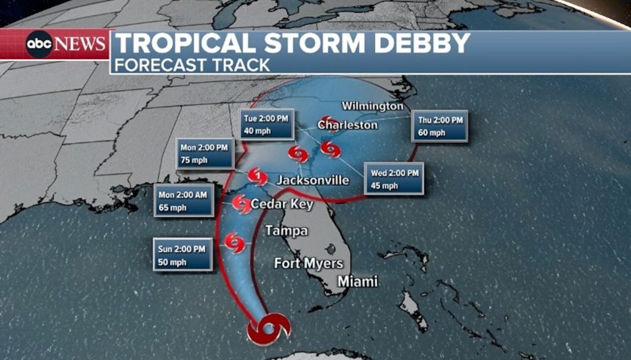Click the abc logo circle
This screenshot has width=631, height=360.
pyautogui.click(x=39, y=44)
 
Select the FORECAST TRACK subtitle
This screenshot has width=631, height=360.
pyautogui.click(x=192, y=65)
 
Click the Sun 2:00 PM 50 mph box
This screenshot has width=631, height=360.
pyautogui.click(x=182, y=255)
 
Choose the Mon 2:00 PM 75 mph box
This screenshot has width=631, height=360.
pyautogui.click(x=205, y=153)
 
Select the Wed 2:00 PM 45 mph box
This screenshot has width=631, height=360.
pyautogui.click(x=394, y=179)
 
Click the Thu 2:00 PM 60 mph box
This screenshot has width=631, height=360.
pyautogui.click(x=440, y=126)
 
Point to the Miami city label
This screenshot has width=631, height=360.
pyautogui.click(x=357, y=282)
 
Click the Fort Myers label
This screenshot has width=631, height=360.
pyautogui.click(x=308, y=264)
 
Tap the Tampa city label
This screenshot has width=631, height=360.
pyautogui.click(x=286, y=231)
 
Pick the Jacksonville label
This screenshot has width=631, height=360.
pyautogui.click(x=312, y=181)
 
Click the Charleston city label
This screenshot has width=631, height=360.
pyautogui.click(x=347, y=125)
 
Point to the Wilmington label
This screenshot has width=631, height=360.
pyautogui.click(x=372, y=106)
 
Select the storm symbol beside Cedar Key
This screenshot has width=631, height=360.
pyautogui.click(x=241, y=203)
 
